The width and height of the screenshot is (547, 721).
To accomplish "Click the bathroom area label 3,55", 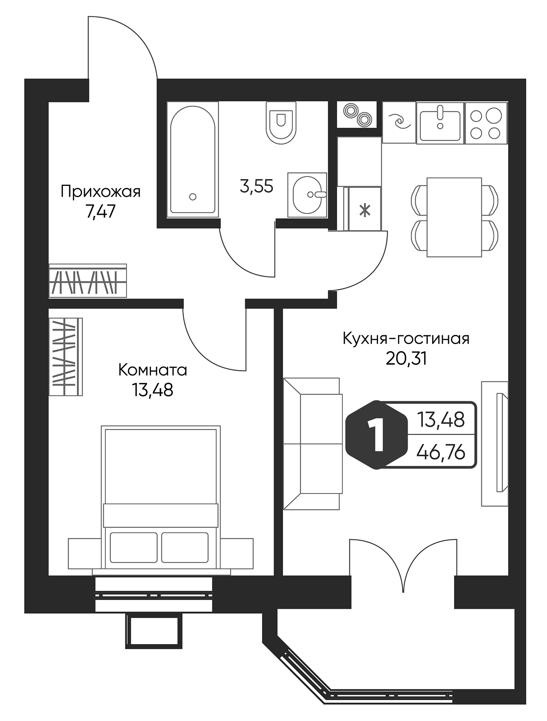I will coord(256,187).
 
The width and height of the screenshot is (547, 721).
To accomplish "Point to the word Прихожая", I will coord(101,192).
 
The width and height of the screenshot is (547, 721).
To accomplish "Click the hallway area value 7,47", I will coord(101,211).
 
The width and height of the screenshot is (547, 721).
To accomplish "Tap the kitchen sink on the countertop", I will coord(440,123).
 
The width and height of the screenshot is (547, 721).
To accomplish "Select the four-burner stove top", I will coord(485,123).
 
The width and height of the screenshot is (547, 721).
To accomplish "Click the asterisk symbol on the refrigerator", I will coord(364,210).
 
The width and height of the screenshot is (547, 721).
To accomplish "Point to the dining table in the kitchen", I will coord(454,217).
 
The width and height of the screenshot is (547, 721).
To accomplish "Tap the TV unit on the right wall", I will coord(495,443).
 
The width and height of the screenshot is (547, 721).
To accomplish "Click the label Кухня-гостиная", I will coord(406,339).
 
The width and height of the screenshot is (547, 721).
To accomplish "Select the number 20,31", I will coord(406,358).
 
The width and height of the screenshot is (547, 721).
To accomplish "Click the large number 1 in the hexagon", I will coord(375,435).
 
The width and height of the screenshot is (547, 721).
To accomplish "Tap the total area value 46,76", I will coord(440,453).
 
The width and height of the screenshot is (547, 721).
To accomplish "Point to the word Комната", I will coord(153,371).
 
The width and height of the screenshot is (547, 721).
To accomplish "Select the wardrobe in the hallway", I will coord(88,281).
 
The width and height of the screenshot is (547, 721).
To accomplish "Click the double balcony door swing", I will coord(402,565).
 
